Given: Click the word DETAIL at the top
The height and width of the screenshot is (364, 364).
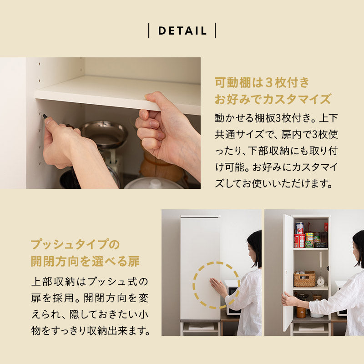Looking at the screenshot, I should (182, 31).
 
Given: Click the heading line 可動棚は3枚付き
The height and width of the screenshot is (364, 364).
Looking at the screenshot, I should (262, 83).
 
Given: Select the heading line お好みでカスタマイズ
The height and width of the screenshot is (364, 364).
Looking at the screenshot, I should (273, 99).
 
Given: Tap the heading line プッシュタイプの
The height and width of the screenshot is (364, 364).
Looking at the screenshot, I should (75, 245).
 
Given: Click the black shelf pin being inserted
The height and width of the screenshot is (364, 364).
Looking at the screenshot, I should (45, 116).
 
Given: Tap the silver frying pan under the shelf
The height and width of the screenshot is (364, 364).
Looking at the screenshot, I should (104, 134).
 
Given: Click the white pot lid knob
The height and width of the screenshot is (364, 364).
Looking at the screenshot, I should (156, 182).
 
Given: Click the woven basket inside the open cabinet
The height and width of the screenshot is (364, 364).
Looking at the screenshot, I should (304, 279).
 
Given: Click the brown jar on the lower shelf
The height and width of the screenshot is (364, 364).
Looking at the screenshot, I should (301, 311).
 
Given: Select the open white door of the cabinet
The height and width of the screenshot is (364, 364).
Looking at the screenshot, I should (288, 273).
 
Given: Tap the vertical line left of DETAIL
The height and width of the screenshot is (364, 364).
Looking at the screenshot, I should (149, 31).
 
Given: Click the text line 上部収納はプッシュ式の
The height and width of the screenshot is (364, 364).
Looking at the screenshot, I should (89, 281).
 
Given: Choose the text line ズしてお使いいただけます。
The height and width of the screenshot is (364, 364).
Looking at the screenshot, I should (276, 184).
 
